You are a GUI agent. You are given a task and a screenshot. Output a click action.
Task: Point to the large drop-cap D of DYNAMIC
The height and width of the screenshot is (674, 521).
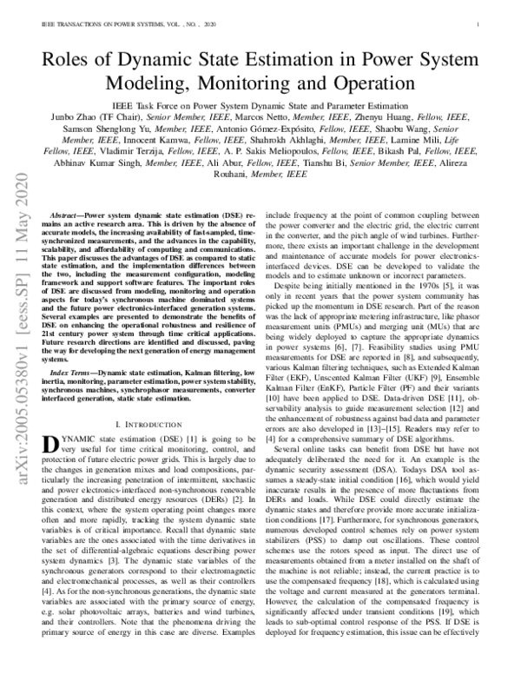click(x=49, y=443)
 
